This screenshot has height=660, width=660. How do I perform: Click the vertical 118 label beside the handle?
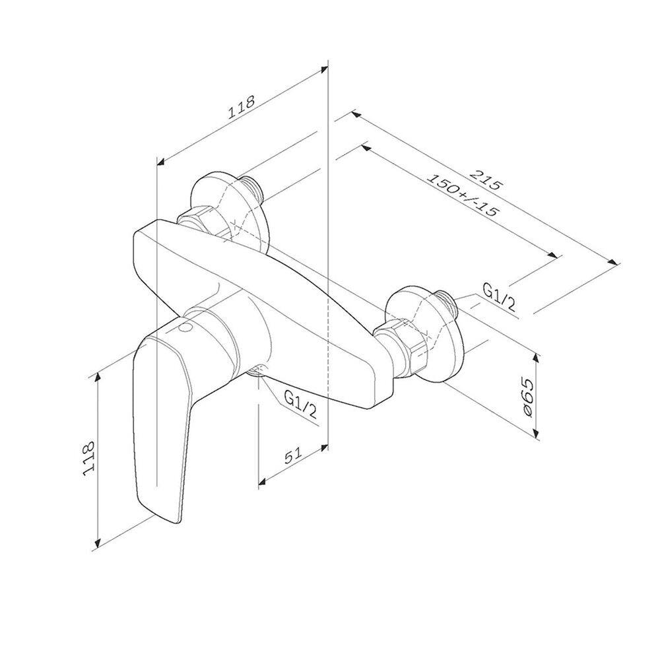89,459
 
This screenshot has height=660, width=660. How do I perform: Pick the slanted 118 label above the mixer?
241,107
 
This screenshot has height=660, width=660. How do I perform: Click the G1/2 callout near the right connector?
499,298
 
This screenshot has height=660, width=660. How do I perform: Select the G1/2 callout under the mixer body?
300,404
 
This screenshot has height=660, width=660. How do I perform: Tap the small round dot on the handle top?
185,328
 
